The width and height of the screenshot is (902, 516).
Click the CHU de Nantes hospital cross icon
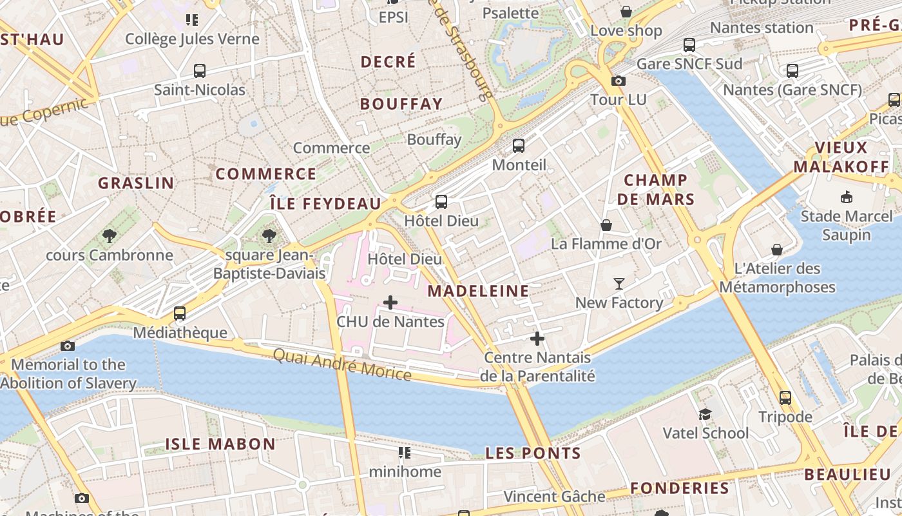point(390,303)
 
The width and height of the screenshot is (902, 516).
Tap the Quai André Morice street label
point(342,364)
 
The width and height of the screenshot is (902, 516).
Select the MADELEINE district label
point(478,291)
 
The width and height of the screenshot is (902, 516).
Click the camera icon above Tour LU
point(619,81)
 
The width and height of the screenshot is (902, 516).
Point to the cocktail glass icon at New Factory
point(619,283)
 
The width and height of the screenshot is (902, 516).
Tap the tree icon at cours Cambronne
point(110,236)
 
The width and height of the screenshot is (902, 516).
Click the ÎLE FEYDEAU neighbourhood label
point(325,204)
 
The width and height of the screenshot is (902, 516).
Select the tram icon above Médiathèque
point(180,313)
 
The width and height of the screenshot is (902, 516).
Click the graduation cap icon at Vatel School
point(705,414)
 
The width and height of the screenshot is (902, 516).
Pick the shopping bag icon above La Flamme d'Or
point(606,225)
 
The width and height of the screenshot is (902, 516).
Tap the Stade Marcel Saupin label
point(846,225)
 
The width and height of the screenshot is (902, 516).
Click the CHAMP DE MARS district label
point(656,190)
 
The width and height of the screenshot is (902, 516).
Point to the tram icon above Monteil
point(519,146)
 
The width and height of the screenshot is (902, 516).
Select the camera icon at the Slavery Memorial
point(68,346)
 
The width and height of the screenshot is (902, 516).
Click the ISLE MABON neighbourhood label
point(220,444)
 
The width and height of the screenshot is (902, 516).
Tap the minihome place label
point(405,471)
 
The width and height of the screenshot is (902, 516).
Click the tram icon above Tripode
point(785,398)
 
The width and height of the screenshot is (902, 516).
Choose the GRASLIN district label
point(136,183)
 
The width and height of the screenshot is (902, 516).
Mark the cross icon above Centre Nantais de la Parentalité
point(537,339)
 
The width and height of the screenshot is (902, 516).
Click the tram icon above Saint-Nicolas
point(200,71)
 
